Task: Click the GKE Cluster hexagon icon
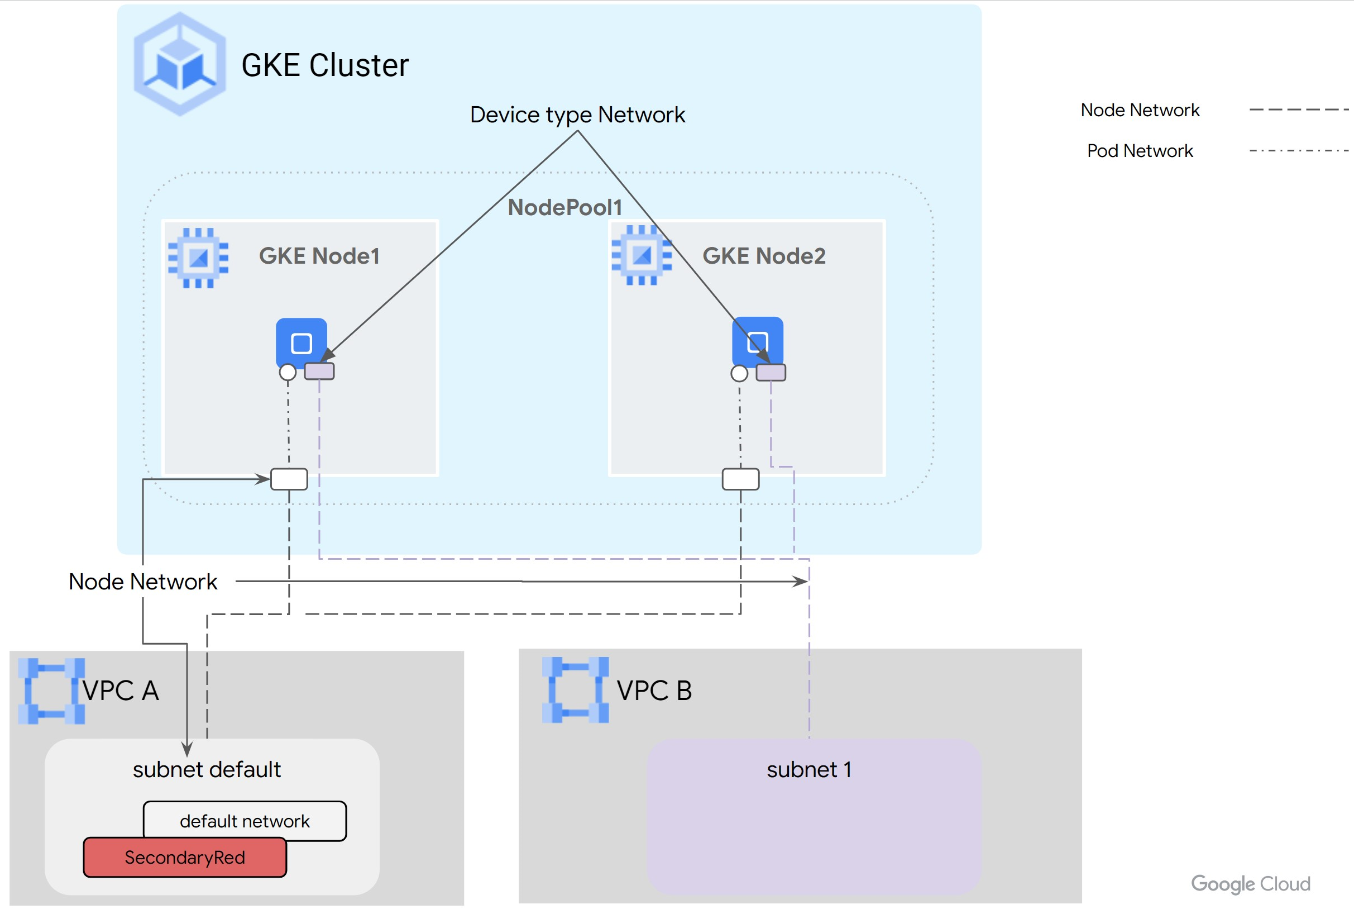coord(179,64)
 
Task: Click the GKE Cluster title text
coord(324,65)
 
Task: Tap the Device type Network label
coord(577,115)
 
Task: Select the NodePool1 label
coord(564,207)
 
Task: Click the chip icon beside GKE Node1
coord(198,258)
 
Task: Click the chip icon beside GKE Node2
coord(642,255)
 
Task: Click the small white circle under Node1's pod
coord(288,372)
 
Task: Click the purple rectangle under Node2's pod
coord(770,373)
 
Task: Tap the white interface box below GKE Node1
coord(289,479)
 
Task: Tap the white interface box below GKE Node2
coord(740,479)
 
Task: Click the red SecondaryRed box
coord(185,858)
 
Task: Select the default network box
coord(245,821)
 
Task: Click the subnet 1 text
coord(808,769)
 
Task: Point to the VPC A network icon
coord(51,691)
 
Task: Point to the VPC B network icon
coord(575,690)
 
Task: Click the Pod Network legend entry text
coord(1139,151)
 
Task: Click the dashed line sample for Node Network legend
coord(1299,110)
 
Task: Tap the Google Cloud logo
coord(1250,884)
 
